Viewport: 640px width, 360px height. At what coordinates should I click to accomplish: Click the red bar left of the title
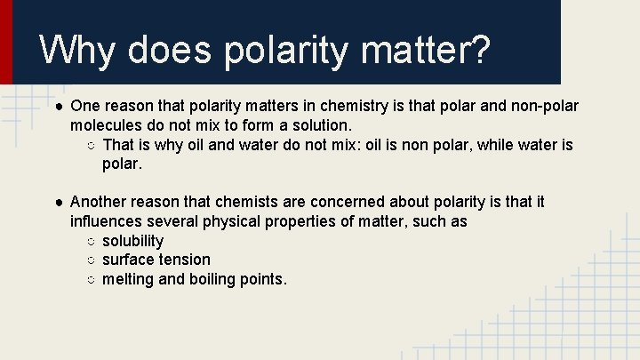(6, 42)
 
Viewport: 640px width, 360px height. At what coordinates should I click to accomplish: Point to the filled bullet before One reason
(58, 107)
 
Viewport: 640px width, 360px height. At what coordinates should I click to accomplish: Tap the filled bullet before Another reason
(58, 203)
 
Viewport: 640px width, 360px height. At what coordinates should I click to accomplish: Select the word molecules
(107, 125)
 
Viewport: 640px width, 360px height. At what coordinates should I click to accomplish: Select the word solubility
(132, 241)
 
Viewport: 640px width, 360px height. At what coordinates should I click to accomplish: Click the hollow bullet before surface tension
(92, 260)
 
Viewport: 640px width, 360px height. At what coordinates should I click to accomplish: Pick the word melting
(131, 279)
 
